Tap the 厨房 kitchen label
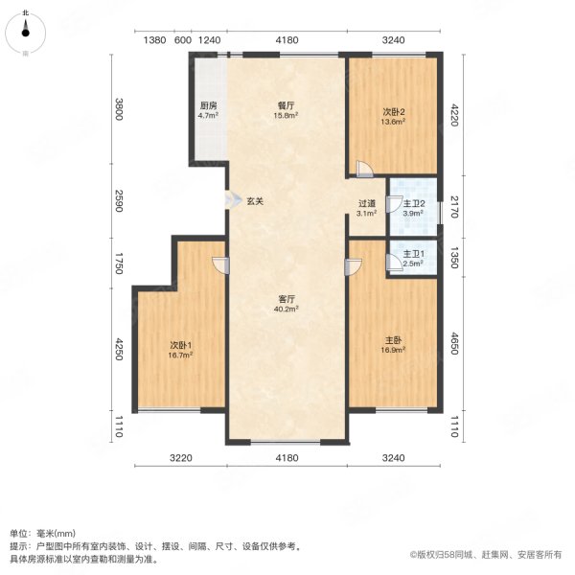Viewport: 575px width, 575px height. point(208,105)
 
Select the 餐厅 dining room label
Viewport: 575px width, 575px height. point(286,105)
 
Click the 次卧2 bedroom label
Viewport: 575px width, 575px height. point(394,110)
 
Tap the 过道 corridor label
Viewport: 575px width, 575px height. point(366,203)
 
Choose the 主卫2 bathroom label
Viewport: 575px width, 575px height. point(412,202)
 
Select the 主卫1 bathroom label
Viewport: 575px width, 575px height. point(412,253)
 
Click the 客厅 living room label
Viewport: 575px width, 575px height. point(286,298)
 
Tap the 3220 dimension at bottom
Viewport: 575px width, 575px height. point(182,459)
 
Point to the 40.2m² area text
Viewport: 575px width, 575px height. point(286,310)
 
